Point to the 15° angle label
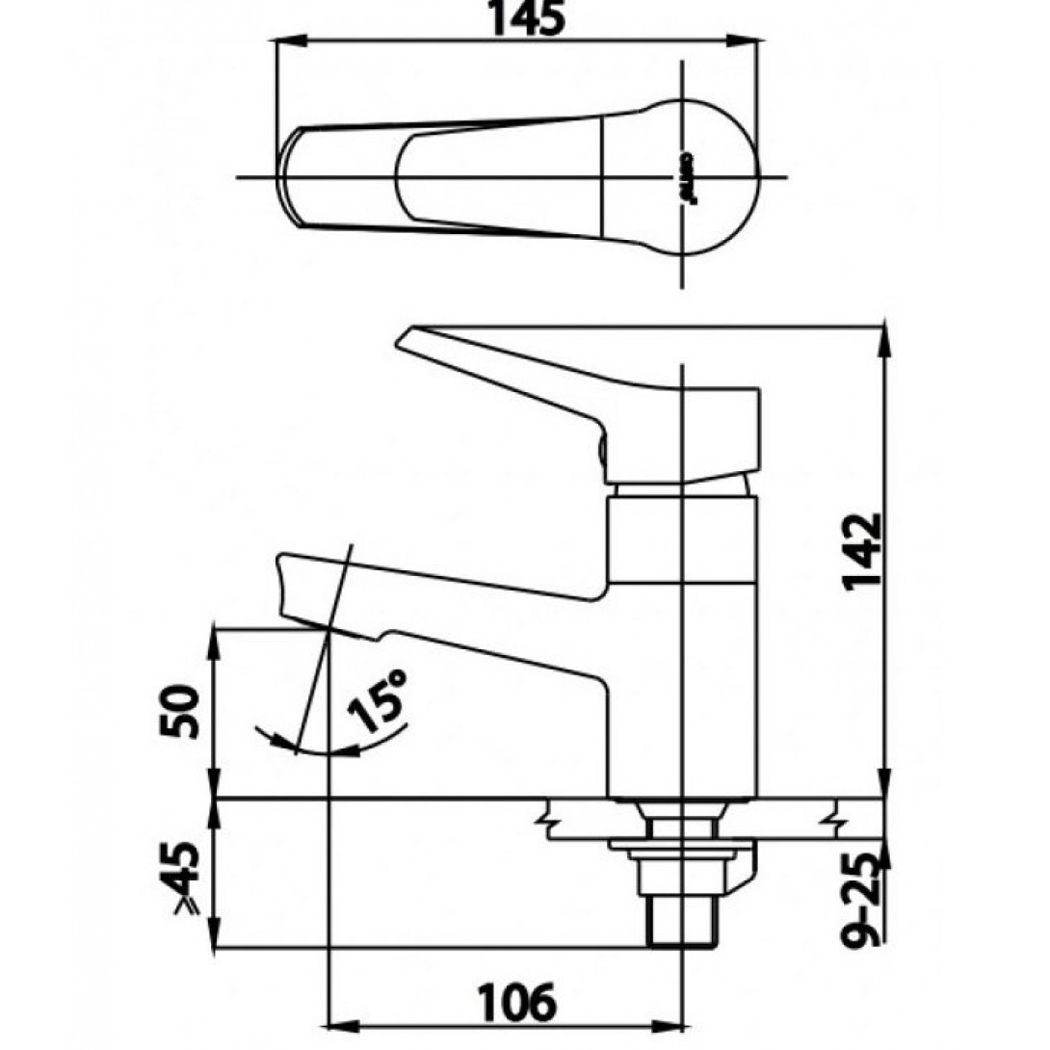coord(381,701)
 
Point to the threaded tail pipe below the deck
coord(682,920)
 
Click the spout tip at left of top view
coord(289,179)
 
